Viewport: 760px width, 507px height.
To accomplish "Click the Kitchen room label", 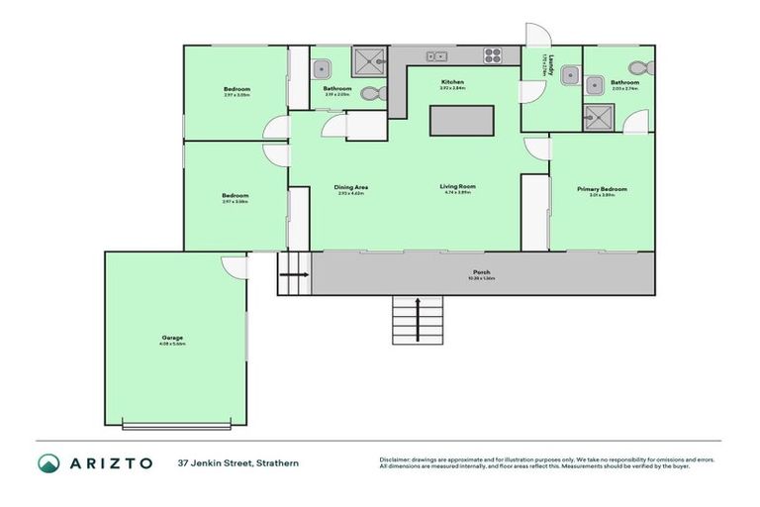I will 453,83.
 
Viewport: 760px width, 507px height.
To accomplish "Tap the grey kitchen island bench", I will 461,121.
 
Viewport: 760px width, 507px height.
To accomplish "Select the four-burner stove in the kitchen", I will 493,55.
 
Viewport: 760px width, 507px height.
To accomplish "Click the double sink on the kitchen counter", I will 434,55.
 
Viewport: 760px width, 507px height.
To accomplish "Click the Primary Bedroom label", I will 602,190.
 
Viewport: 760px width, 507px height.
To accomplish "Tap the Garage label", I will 173,339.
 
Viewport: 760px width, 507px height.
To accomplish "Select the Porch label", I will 482,273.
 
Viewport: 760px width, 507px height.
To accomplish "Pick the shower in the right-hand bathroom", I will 599,118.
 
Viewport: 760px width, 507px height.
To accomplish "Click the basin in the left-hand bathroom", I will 321,69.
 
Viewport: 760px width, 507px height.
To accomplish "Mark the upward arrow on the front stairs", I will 417,318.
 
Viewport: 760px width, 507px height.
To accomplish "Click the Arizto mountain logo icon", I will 49,463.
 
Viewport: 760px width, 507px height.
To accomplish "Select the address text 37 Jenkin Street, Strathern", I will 238,463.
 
